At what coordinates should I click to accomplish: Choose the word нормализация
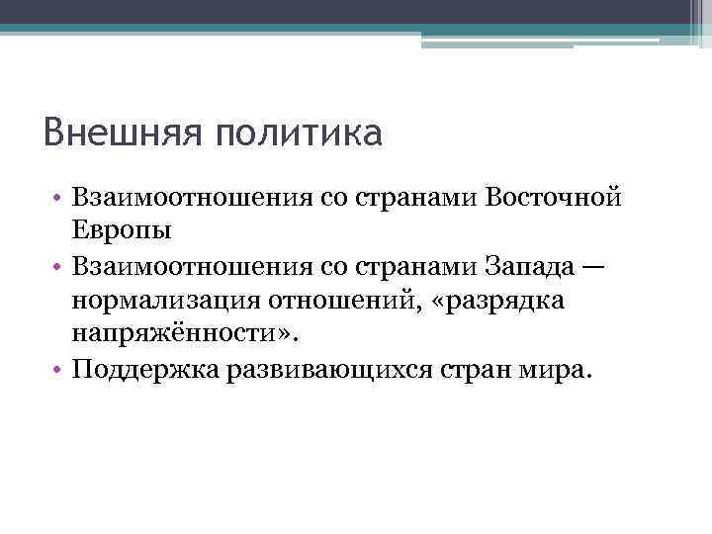pyautogui.click(x=174, y=301)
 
